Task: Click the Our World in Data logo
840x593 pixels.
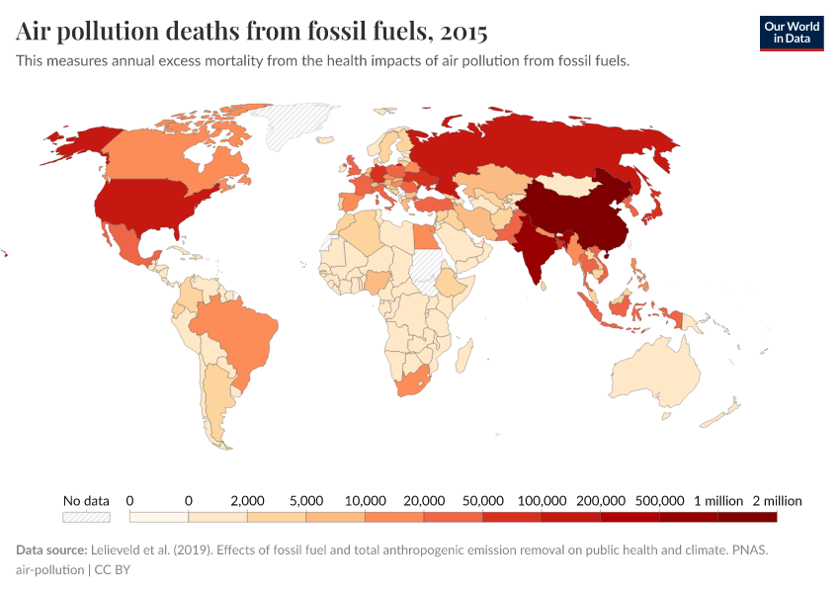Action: (791, 34)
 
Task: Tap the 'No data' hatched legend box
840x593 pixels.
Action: (86, 516)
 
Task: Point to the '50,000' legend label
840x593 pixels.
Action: (482, 500)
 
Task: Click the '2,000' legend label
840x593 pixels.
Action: (247, 500)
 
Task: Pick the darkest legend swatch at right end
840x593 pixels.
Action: (747, 516)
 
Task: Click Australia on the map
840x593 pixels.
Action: (654, 371)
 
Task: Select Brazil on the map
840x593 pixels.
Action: (237, 331)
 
